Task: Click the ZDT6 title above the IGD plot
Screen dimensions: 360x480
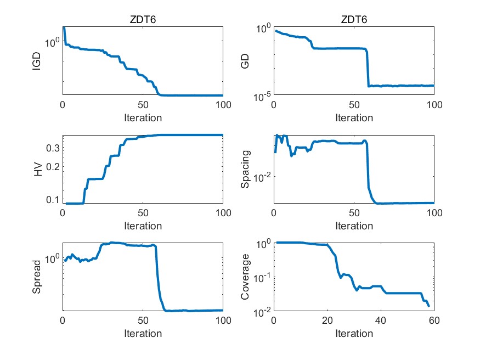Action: pos(143,20)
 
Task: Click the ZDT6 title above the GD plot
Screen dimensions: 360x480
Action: pos(354,20)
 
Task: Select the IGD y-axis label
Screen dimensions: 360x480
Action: pos(37,61)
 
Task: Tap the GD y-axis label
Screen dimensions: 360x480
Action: pos(246,61)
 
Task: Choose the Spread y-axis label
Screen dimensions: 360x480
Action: pos(37,277)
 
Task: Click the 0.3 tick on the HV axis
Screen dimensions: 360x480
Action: pos(53,148)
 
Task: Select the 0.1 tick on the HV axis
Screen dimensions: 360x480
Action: pos(53,199)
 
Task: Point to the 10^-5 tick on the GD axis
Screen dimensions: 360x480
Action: pos(260,97)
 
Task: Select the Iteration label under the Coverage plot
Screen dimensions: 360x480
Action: pos(354,334)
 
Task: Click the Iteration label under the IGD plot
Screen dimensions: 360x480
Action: pos(143,117)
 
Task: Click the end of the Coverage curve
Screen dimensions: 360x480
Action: pos(428,306)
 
